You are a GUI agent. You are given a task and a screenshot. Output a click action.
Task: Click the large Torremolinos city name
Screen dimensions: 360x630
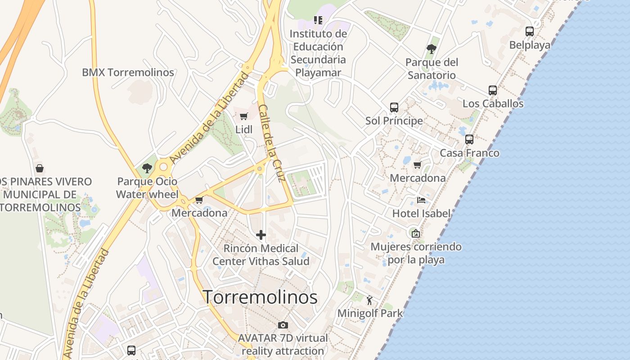tap(260, 297)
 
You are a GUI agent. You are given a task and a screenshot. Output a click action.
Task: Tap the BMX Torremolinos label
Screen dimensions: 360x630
tap(128, 72)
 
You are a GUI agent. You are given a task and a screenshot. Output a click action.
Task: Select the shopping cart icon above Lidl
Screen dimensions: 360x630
tap(243, 117)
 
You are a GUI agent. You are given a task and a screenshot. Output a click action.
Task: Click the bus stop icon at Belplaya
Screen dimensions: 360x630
tap(530, 31)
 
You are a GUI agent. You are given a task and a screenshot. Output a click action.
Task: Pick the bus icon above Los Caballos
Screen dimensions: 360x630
tap(493, 90)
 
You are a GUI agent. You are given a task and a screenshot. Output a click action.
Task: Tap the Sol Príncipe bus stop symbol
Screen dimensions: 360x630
tap(394, 108)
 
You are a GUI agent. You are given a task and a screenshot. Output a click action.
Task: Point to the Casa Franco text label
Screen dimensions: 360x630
tap(469, 153)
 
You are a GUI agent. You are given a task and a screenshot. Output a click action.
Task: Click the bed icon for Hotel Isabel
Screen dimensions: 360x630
tap(421, 200)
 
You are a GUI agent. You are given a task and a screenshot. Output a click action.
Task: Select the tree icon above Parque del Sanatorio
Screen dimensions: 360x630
tap(432, 49)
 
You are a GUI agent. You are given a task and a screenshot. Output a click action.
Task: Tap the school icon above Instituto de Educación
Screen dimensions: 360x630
tap(318, 20)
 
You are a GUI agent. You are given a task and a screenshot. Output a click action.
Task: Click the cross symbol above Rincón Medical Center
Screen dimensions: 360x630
tap(261, 235)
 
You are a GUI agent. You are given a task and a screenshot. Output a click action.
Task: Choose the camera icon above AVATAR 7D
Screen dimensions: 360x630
tap(283, 325)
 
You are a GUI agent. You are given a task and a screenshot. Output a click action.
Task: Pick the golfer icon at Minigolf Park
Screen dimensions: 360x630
tap(370, 300)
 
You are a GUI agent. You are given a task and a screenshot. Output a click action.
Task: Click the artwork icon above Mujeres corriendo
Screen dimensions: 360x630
tap(416, 234)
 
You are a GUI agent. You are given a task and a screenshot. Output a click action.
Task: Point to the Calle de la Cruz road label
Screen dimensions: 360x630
tap(272, 143)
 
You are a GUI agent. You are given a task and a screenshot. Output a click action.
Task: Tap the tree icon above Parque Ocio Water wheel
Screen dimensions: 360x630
tap(147, 168)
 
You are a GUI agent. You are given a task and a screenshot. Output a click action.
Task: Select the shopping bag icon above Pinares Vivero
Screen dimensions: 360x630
tap(40, 168)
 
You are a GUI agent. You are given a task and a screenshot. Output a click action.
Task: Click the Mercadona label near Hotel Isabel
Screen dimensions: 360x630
tap(418, 178)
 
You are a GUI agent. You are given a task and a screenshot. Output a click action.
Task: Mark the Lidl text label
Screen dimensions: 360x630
tap(244, 130)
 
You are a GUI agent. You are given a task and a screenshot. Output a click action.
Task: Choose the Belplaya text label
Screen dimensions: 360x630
tap(530, 45)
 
